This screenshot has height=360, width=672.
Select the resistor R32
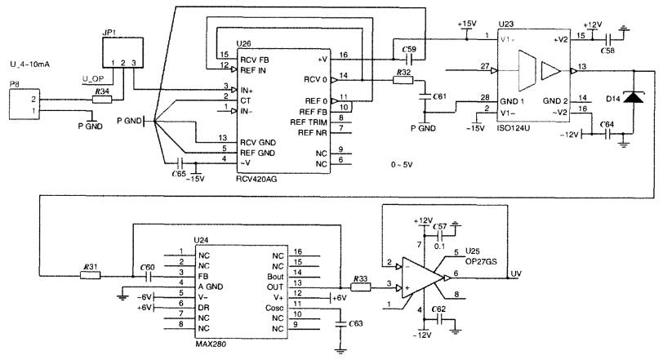(403, 80)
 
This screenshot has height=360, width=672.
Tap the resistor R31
(89, 275)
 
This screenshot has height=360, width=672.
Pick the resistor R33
(360, 287)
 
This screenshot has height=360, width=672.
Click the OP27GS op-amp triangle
(423, 277)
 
